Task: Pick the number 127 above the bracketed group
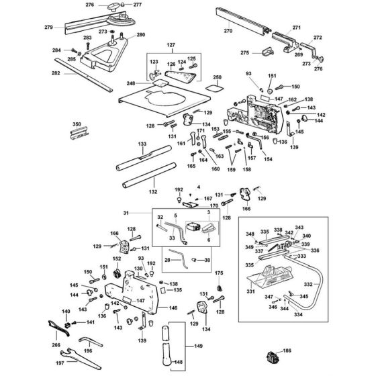171,46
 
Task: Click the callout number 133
142,144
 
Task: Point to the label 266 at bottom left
56,345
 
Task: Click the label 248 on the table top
149,84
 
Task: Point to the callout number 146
173,308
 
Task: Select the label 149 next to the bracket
197,346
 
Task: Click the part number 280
140,34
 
